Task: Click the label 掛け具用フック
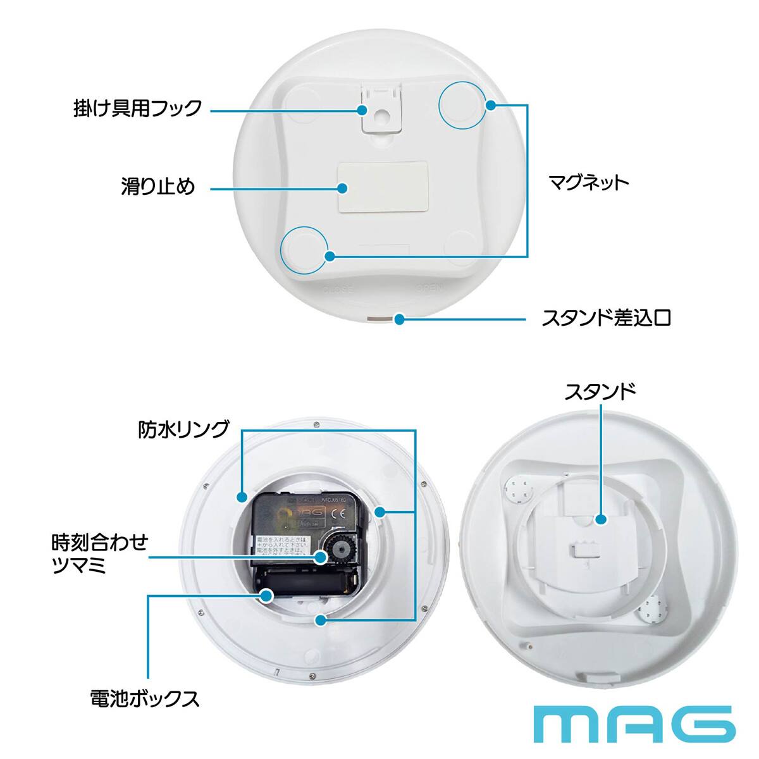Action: (x=137, y=108)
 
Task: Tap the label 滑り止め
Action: (x=158, y=187)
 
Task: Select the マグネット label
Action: (x=588, y=183)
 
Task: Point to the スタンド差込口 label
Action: (x=605, y=318)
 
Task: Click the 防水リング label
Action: (x=183, y=430)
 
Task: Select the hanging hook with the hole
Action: (x=381, y=113)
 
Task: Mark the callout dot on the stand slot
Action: (x=399, y=319)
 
